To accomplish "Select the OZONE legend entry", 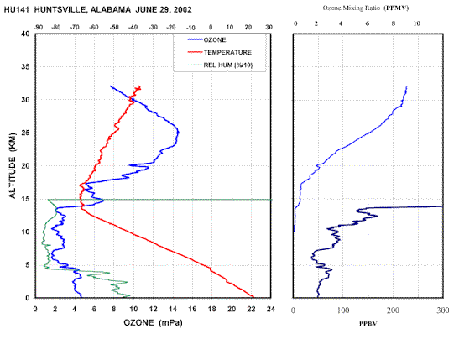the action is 206,39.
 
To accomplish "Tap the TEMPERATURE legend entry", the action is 220,52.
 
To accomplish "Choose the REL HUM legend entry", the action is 220,65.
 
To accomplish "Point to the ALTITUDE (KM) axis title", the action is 13,165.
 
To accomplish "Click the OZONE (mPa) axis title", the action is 153,323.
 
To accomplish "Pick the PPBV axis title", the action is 368,324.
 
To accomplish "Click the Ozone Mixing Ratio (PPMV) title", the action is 366,8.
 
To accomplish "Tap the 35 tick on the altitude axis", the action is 25,67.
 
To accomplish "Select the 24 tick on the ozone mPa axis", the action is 271,309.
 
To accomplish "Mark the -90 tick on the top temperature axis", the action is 38,27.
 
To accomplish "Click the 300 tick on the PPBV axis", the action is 442,310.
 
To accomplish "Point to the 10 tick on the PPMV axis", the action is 416,23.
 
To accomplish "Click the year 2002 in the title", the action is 182,10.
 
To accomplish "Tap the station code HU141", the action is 17,10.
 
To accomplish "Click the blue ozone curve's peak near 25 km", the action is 179,133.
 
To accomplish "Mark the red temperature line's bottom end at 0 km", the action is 253,297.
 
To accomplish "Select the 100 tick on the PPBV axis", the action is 343,310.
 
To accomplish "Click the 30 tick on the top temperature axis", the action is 269,27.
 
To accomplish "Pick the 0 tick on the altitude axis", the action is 28,298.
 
